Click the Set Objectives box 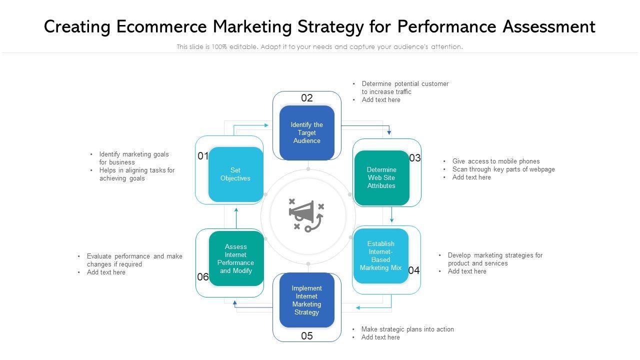235,174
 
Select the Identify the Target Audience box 307,132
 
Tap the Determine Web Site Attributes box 381,177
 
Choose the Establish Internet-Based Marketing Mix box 381,255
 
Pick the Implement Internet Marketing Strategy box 307,300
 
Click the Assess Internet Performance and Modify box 236,258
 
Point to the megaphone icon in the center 306,215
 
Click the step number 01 203,156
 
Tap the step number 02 307,98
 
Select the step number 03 415,158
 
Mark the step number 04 414,270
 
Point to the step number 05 307,336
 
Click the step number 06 203,277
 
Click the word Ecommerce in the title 164,26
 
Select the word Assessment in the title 548,26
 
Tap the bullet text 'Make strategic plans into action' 407,329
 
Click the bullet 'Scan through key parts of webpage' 503,169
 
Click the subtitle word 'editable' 244,46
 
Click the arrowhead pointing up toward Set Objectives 236,210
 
